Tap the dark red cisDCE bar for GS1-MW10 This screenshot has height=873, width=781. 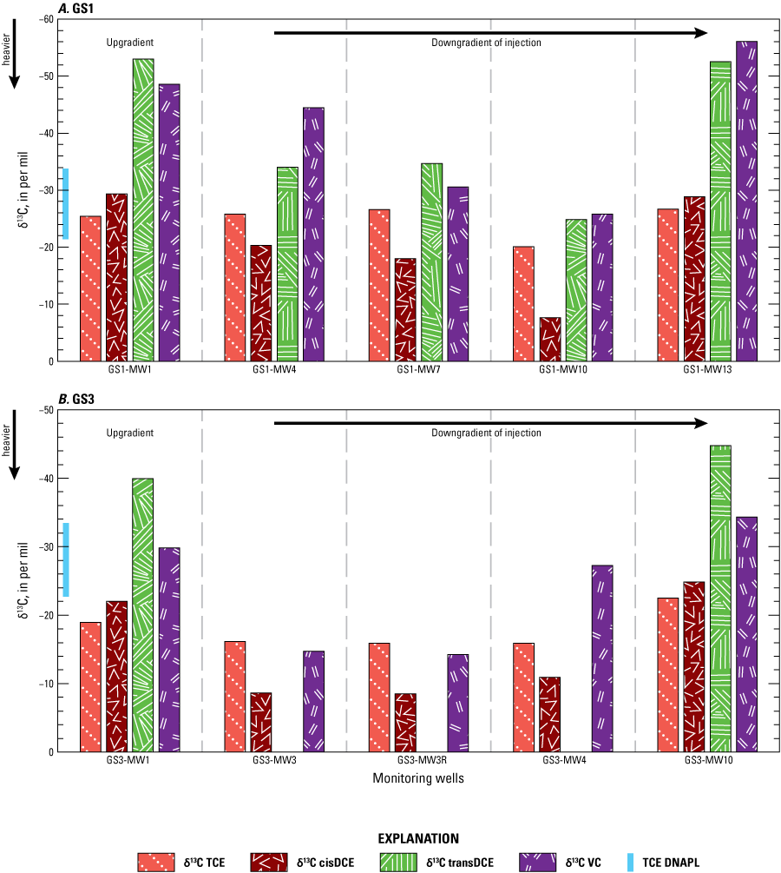pos(550,340)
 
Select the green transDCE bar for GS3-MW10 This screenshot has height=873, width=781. pos(720,599)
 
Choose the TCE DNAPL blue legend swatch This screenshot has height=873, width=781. pos(632,861)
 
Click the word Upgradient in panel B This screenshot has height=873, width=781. pos(129,433)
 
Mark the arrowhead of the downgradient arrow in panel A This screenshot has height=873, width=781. pos(701,33)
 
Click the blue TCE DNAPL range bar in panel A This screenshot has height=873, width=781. pos(65,203)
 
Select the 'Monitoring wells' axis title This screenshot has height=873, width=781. pos(417,779)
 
